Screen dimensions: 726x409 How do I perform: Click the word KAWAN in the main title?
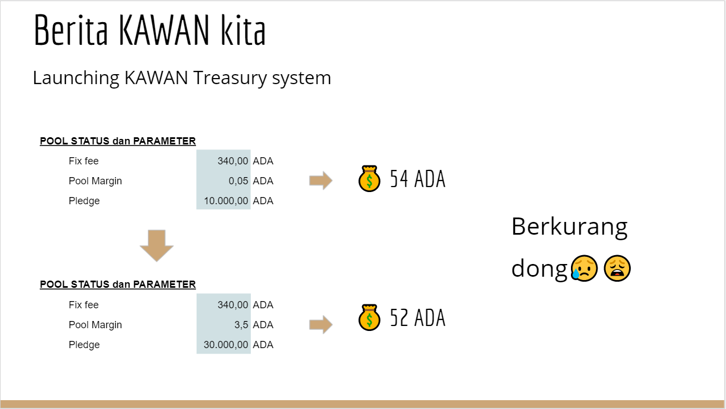tap(164, 30)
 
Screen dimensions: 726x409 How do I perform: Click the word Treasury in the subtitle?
tap(229, 78)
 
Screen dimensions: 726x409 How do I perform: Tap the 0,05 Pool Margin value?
tap(238, 180)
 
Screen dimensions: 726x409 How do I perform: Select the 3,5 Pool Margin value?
tap(241, 324)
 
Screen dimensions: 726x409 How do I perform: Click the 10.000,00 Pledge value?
tap(226, 201)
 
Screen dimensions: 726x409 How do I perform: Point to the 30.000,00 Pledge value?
tap(226, 345)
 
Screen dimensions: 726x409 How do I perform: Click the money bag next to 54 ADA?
tap(369, 178)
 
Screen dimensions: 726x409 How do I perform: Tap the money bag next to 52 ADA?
tap(369, 317)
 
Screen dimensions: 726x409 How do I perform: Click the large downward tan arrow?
tap(157, 246)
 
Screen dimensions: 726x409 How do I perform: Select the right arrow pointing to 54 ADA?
tap(321, 180)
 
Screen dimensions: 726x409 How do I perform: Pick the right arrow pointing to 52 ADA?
tap(321, 324)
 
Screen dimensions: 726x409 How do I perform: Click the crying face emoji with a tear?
tap(584, 268)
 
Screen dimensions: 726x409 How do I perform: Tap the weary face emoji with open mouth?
tap(617, 268)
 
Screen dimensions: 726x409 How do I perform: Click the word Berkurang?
tap(569, 227)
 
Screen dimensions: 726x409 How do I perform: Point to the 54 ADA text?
tap(418, 179)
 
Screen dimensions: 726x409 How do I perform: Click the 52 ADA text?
tap(418, 318)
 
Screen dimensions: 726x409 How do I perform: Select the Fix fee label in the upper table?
tap(84, 161)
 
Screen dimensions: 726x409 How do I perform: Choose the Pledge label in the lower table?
tap(84, 345)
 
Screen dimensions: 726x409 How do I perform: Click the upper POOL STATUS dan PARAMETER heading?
tap(117, 141)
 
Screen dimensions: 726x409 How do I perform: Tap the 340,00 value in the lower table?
tap(233, 305)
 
